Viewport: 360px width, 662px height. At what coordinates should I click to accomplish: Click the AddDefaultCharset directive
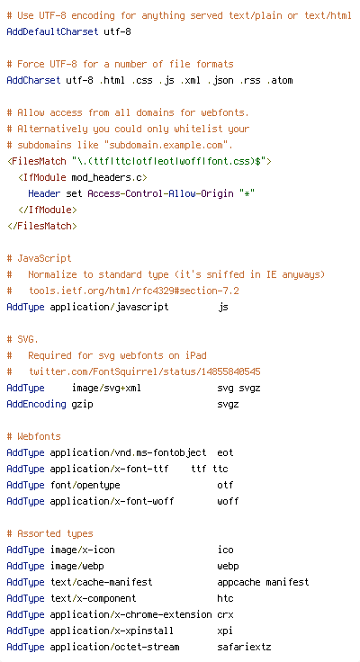[52, 31]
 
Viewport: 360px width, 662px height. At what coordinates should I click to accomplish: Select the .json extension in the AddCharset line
[220, 80]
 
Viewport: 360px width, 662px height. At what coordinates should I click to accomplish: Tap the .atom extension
[279, 80]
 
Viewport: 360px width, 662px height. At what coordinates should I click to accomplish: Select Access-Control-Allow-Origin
[160, 193]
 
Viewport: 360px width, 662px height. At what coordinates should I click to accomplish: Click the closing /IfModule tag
[48, 210]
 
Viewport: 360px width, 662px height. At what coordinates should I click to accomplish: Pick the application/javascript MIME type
[109, 307]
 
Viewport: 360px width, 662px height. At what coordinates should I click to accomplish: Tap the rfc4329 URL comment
[134, 291]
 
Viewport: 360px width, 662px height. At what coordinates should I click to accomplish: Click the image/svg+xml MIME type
[106, 388]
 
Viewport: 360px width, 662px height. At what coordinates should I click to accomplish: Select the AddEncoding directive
[36, 404]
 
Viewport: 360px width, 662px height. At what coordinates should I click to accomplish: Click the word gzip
[82, 405]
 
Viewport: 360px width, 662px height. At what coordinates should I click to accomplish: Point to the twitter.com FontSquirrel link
[145, 372]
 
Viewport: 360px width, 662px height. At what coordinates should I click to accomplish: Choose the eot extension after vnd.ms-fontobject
[225, 452]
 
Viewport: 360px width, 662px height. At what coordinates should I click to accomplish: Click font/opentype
[85, 486]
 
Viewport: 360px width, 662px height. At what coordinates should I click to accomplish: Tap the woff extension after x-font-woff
[228, 501]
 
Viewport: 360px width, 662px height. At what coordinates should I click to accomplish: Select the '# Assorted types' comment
[49, 533]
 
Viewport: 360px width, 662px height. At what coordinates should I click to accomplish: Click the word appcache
[238, 583]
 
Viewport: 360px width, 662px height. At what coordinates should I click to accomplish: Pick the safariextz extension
[244, 647]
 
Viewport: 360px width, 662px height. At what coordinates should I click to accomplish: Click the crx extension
[225, 614]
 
